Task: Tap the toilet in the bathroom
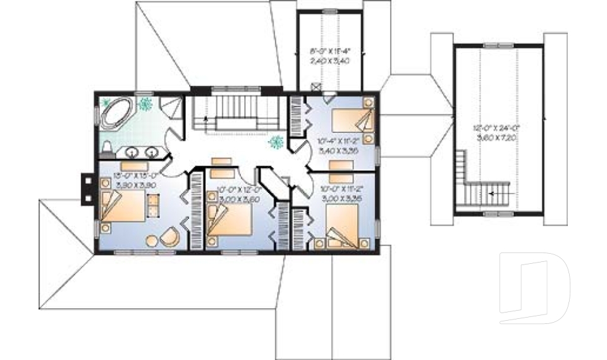pos(107,147)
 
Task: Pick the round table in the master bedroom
pos(152,240)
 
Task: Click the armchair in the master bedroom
pos(169,237)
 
